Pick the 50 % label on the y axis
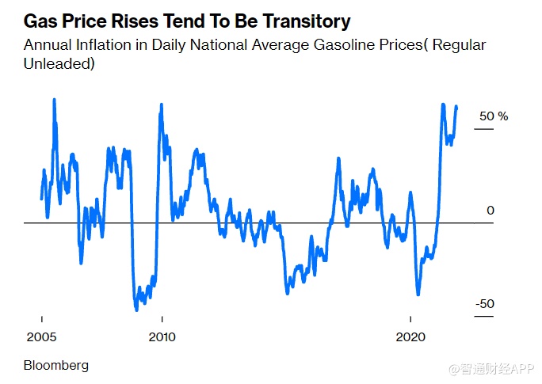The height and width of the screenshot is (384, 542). coord(492,116)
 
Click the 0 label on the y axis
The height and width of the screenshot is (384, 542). coord(490,211)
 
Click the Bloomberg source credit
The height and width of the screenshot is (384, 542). coord(56,365)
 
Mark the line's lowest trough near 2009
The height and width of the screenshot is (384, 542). coord(136,309)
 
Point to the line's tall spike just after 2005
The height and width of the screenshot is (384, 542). coord(54,101)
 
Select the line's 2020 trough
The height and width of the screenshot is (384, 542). coord(418,294)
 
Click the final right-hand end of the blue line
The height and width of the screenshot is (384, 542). coord(456,107)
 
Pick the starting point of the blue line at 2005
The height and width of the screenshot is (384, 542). coord(41,198)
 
